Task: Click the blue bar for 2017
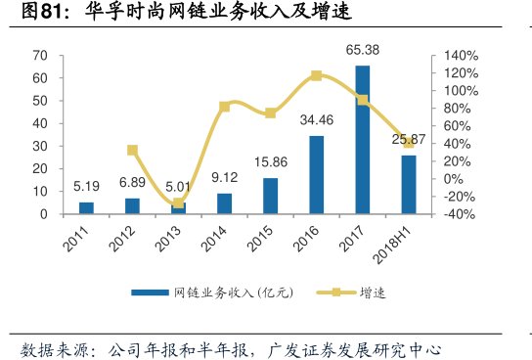(x=362, y=139)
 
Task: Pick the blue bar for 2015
(x=270, y=195)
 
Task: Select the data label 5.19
(x=86, y=185)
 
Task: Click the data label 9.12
(x=224, y=178)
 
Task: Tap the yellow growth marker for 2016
(x=316, y=75)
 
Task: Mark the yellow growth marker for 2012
(x=132, y=150)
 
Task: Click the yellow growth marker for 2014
(x=224, y=106)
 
